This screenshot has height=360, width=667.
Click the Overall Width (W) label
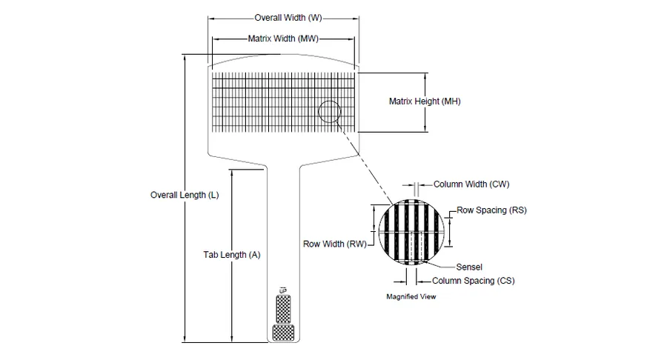288,18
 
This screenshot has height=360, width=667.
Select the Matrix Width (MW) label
283,39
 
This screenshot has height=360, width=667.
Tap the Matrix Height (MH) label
425,101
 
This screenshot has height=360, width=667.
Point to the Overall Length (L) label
185,195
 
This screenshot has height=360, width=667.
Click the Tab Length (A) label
232,255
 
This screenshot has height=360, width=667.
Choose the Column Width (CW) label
471,184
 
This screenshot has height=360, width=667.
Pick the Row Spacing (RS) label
492,210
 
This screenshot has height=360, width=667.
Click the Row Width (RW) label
335,244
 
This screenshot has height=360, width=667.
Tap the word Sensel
469,267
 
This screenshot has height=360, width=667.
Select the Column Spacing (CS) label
474,281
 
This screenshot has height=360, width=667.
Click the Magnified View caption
411,297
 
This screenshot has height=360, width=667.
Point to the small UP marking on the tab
283,290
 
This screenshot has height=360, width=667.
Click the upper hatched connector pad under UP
283,309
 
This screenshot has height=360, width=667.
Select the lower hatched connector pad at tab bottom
283,333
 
